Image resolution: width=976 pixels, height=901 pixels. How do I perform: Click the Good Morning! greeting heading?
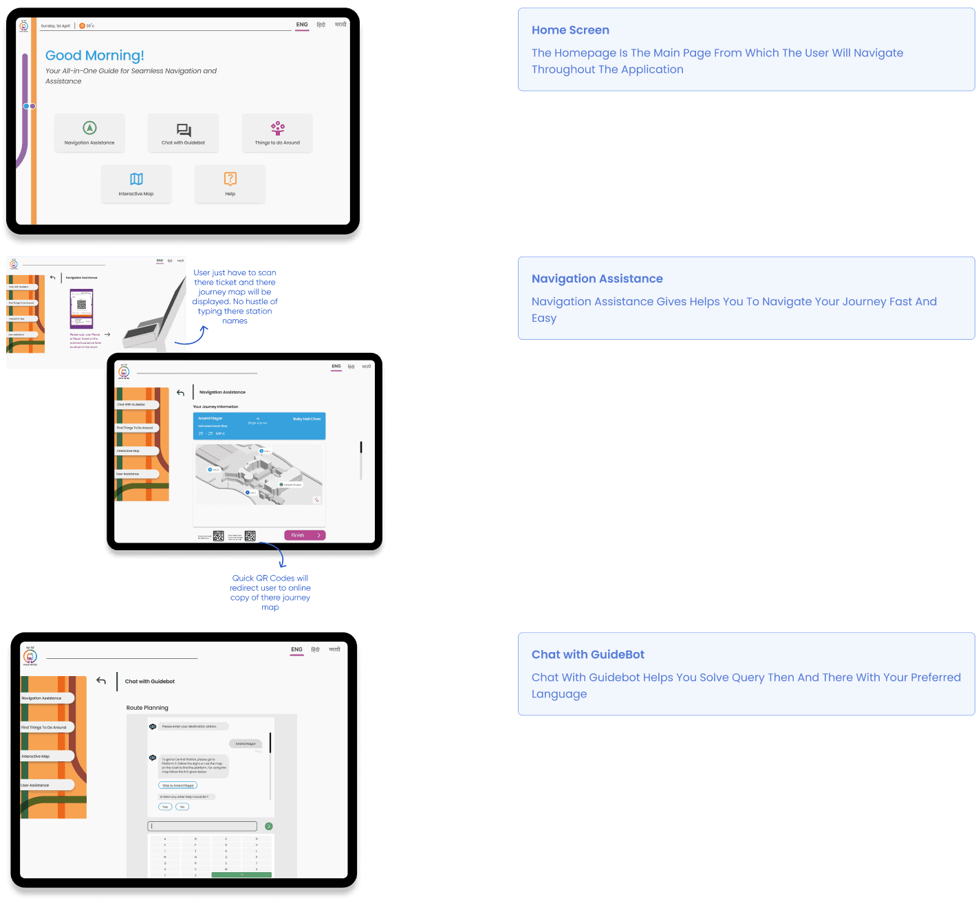click(x=95, y=56)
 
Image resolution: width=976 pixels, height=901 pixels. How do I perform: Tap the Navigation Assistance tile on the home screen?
click(x=89, y=133)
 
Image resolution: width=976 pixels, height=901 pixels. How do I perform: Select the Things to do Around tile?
click(x=277, y=133)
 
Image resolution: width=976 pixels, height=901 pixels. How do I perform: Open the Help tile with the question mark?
click(x=230, y=184)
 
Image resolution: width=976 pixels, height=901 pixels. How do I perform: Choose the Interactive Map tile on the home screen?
click(x=136, y=184)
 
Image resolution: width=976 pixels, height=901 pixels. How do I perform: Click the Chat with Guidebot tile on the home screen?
click(x=184, y=133)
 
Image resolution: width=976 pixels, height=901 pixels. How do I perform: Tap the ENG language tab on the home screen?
click(x=302, y=25)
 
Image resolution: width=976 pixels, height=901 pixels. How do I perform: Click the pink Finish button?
click(x=305, y=535)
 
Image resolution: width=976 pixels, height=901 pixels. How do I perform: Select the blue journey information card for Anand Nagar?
click(x=259, y=426)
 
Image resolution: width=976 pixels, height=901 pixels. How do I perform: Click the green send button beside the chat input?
click(x=269, y=826)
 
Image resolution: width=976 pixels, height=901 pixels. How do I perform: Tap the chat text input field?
click(x=203, y=826)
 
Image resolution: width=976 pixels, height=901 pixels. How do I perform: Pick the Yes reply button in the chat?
click(x=165, y=807)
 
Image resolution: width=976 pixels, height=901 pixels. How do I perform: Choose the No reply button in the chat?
click(x=182, y=807)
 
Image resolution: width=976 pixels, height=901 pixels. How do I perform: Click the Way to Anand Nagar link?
click(x=178, y=785)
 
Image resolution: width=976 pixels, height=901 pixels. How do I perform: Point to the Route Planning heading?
click(x=147, y=708)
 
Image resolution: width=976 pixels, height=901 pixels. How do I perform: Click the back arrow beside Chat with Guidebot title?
click(x=101, y=681)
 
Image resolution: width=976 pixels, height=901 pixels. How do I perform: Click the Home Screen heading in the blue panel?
click(x=570, y=30)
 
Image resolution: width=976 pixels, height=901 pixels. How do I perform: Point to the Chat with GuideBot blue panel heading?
click(x=588, y=655)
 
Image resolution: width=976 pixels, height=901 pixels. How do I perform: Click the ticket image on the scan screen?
click(x=82, y=309)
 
